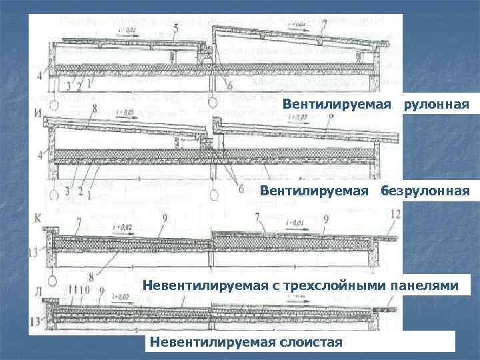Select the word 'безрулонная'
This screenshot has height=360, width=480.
[425, 191]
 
